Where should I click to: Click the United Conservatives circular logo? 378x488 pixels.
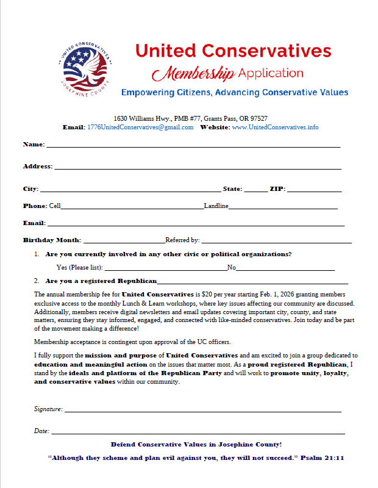86,69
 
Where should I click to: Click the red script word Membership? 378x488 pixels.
193,74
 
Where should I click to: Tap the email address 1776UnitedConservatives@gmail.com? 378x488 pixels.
140,127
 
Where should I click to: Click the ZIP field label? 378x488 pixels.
277,189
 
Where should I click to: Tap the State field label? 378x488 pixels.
232,189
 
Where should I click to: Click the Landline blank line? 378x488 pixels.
283,207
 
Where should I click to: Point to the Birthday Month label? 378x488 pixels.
52,240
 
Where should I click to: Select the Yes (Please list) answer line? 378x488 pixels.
165,268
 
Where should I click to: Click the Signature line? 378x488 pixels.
202,410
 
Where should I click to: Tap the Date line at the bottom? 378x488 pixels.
198,432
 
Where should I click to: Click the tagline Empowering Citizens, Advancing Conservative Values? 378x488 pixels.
234,93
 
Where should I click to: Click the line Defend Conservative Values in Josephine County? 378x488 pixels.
196,445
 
